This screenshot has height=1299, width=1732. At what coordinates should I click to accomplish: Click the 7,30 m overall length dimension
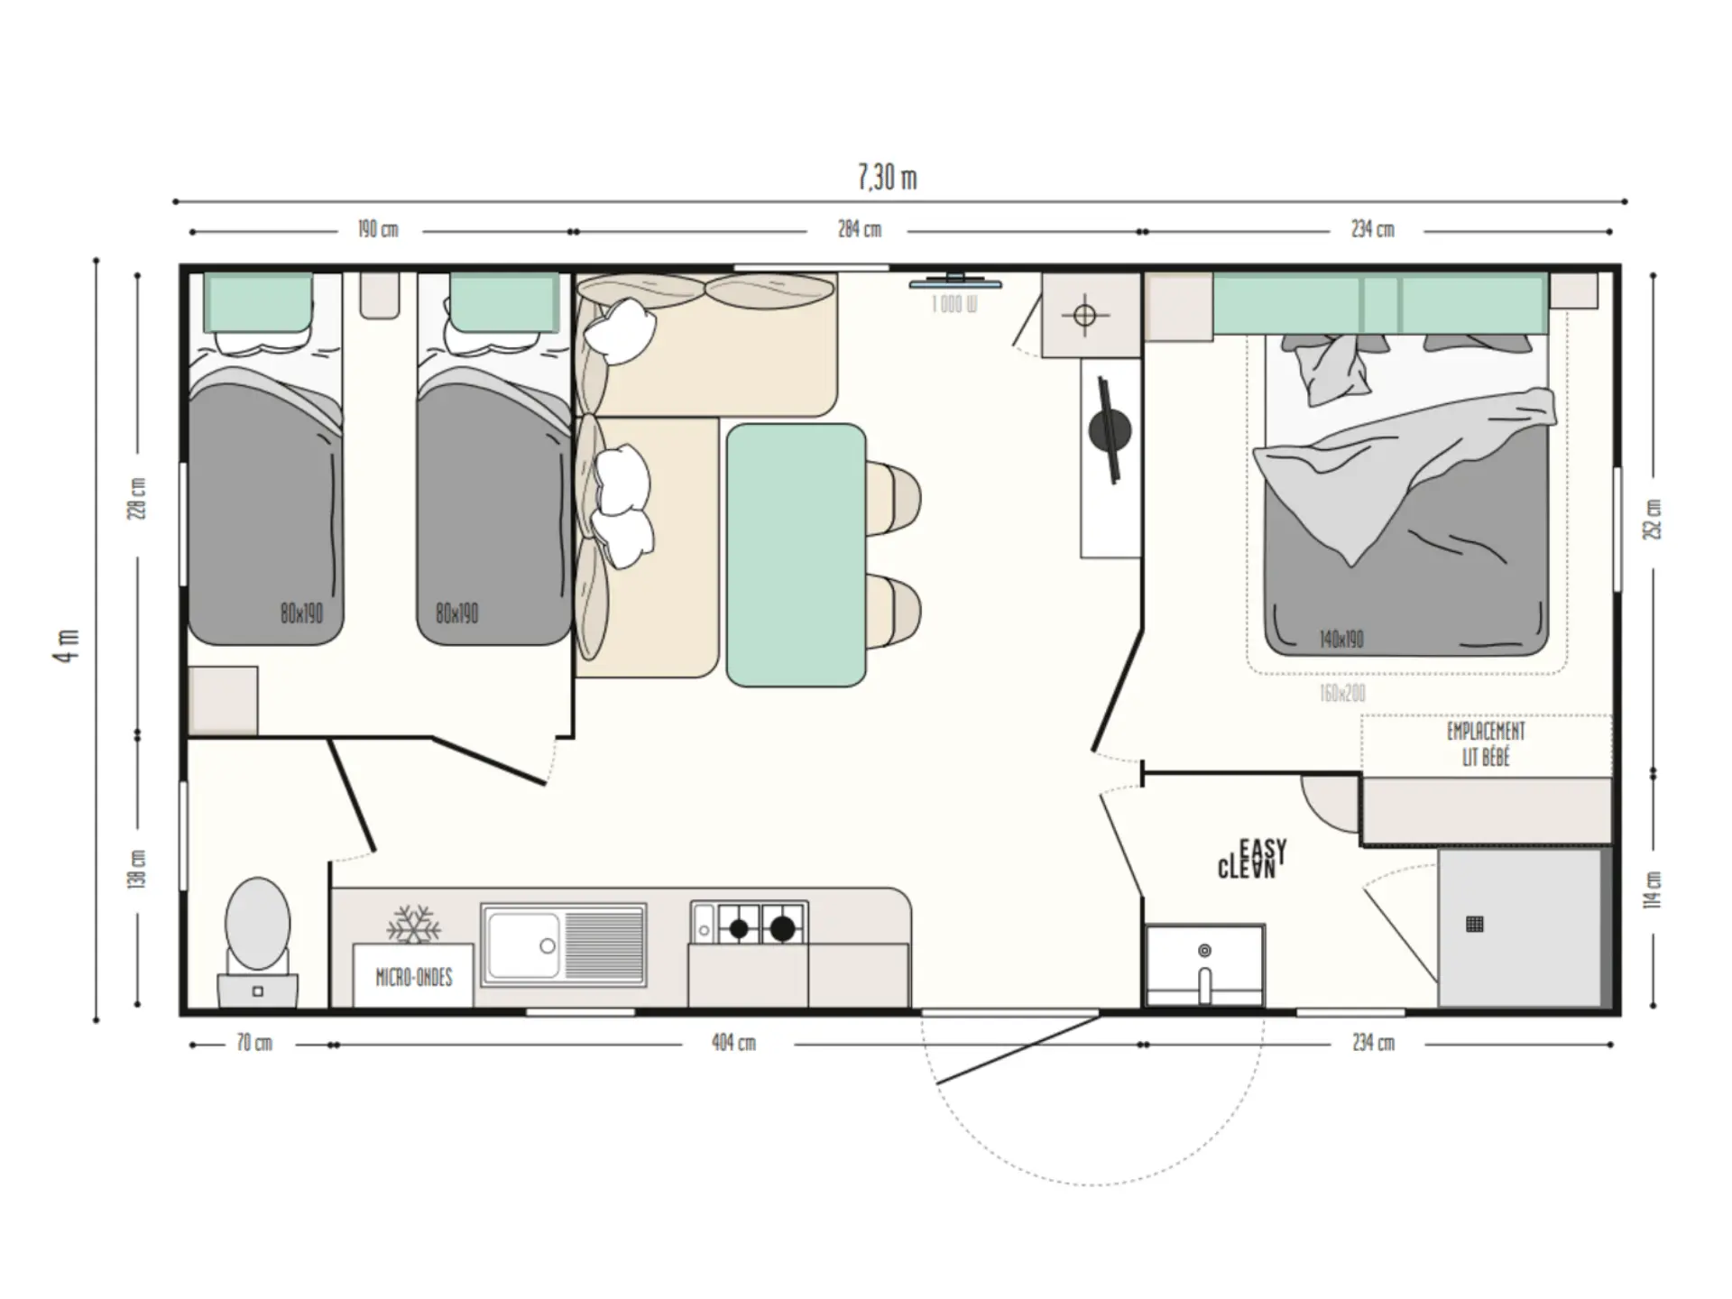(x=887, y=178)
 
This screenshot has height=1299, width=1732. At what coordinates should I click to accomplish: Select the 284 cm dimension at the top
(x=859, y=229)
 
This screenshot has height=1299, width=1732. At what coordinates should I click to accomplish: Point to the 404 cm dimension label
(x=733, y=1043)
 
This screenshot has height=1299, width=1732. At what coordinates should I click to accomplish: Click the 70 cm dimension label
(x=254, y=1043)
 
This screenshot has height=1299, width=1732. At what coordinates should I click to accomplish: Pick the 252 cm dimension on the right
(x=1653, y=520)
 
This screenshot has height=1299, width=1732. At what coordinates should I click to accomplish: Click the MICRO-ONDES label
(x=413, y=977)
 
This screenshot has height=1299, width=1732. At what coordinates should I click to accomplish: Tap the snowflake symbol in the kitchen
(x=413, y=925)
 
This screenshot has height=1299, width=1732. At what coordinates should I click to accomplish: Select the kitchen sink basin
(x=523, y=944)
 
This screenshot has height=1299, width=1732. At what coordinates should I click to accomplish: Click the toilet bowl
(x=258, y=922)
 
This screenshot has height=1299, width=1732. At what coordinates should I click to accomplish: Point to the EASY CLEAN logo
(x=1252, y=859)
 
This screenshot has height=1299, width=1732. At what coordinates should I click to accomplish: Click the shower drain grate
(x=1475, y=924)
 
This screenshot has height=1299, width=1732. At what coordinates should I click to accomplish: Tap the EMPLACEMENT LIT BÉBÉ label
(x=1486, y=744)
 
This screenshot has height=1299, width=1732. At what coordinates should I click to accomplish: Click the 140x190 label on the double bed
(x=1341, y=640)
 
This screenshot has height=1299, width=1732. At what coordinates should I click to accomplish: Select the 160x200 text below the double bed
(x=1342, y=693)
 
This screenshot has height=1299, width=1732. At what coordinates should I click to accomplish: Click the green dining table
(x=796, y=555)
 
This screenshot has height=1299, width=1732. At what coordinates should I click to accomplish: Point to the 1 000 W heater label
(x=954, y=305)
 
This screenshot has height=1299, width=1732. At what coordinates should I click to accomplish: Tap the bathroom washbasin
(x=1205, y=964)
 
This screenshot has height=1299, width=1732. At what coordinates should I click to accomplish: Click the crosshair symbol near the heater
(x=1085, y=316)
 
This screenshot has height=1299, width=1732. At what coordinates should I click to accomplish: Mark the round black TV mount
(x=1110, y=430)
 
